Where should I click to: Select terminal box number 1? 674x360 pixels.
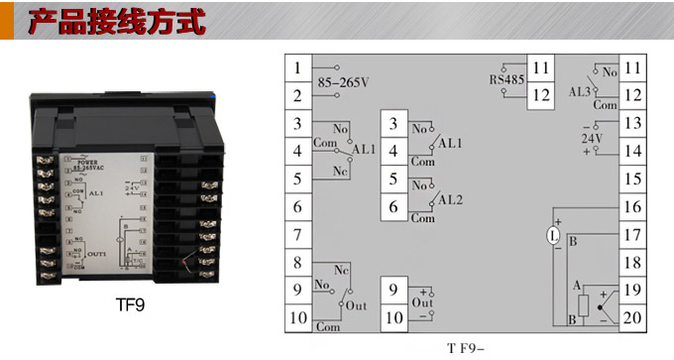tap(297, 68)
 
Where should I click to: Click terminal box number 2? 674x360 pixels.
tap(297, 96)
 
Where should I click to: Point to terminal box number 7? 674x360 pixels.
tap(297, 236)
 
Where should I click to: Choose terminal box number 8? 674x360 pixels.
tap(297, 264)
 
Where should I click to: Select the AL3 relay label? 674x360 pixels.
tap(580, 87)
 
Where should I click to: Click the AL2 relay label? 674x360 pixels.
tap(451, 198)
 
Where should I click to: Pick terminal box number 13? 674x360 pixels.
tap(633, 124)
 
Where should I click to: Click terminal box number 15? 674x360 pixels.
tap(633, 180)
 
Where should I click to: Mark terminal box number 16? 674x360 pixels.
tap(633, 207)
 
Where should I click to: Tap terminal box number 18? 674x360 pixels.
tap(633, 263)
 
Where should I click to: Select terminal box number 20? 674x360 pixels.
tap(633, 318)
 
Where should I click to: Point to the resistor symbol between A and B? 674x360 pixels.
tap(583, 303)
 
